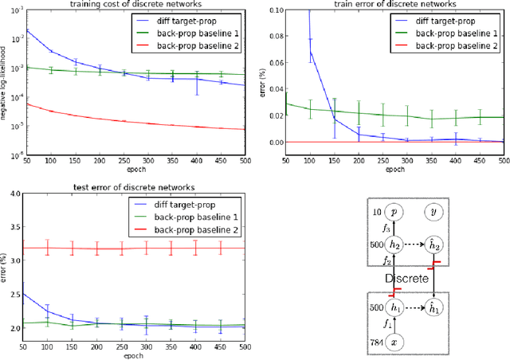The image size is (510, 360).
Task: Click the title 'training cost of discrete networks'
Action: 139,5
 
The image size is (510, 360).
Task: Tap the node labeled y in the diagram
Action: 435,212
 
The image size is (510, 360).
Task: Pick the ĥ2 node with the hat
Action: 435,246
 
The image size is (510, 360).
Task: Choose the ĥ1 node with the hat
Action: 435,307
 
